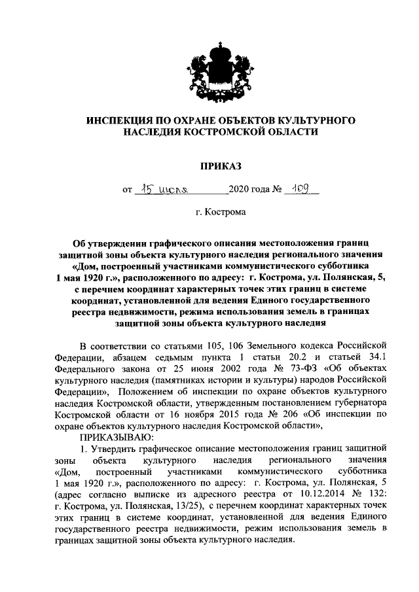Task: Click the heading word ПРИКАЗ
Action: click(209, 167)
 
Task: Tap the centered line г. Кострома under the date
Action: click(209, 214)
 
